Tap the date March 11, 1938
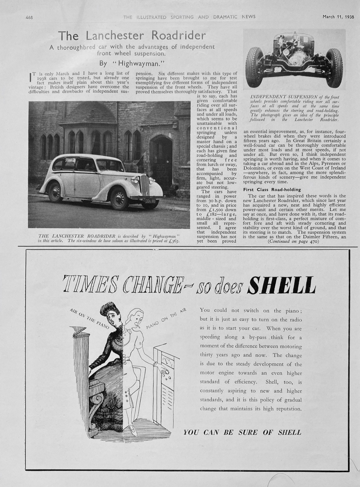pos(338,17)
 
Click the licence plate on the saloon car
pos(148,201)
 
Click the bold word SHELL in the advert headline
pos(282,285)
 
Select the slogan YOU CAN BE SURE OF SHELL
pos(242,432)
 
